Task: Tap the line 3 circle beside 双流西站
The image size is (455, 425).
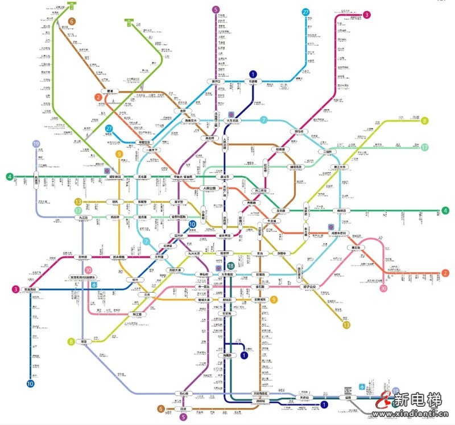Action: point(15,289)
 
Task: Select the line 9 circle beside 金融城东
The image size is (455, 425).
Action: point(274,299)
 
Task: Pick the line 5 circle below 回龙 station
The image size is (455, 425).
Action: point(183,417)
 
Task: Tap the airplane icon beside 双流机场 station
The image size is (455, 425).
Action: point(94,286)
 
